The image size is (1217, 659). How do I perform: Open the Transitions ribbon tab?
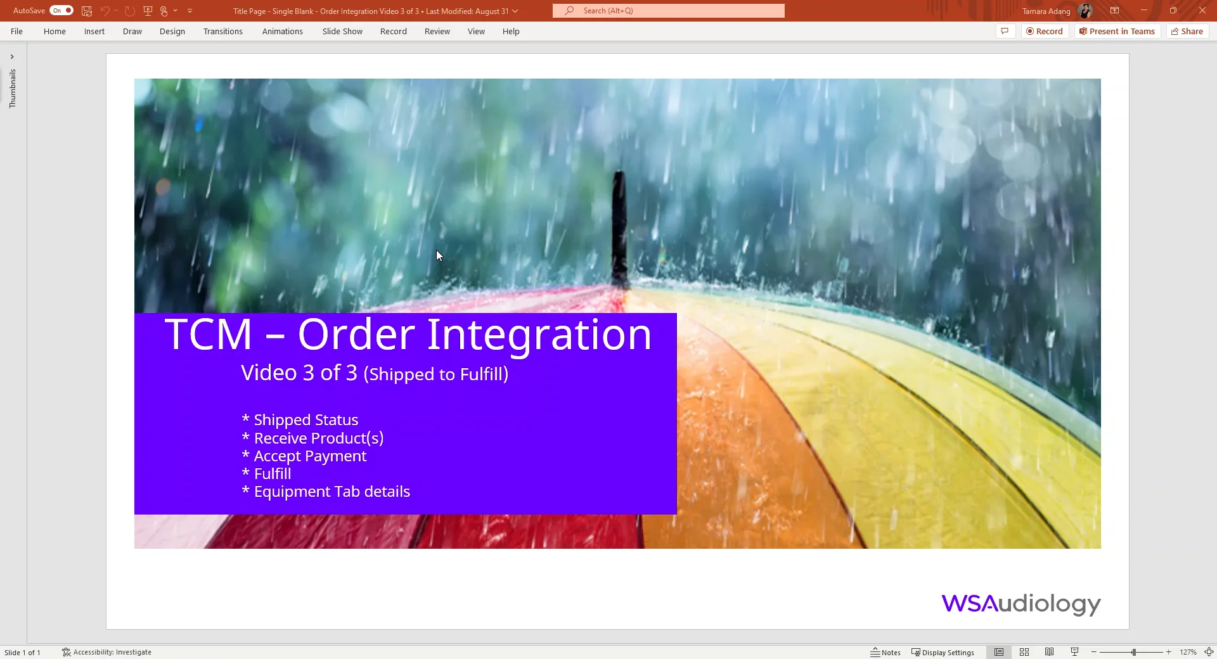point(222,32)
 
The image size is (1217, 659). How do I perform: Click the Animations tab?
point(282,32)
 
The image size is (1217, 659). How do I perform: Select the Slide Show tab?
point(342,32)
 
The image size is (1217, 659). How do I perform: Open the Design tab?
point(172,32)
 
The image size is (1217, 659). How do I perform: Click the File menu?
point(16,32)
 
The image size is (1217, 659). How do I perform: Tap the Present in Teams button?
point(1117,32)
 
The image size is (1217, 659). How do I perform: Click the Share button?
point(1187,32)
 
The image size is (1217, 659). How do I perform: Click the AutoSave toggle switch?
point(61,11)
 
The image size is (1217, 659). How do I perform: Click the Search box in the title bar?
point(668,11)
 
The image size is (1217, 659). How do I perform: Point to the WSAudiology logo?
point(1021,604)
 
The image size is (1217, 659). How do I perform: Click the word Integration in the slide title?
point(539,335)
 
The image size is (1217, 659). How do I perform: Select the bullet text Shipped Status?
point(306,420)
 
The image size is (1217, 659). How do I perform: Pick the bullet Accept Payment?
point(310,456)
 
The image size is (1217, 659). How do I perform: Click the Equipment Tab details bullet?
point(332,492)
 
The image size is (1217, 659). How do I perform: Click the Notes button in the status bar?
point(885,652)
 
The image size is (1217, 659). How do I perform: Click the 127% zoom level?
point(1188,652)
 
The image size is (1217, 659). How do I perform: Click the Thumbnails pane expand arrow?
point(12,57)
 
